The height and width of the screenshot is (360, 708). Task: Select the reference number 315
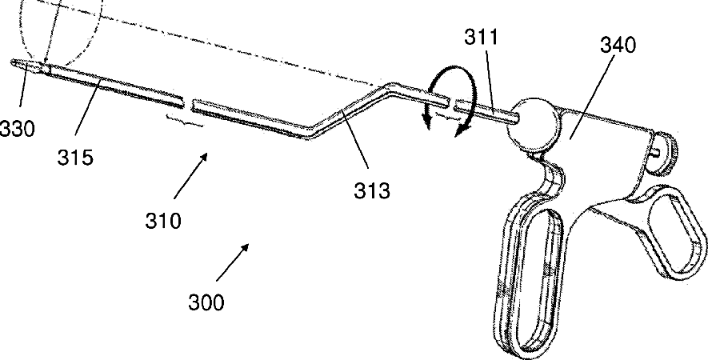(75, 158)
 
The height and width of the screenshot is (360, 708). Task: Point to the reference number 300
(206, 303)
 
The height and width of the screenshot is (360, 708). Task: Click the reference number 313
(374, 190)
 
